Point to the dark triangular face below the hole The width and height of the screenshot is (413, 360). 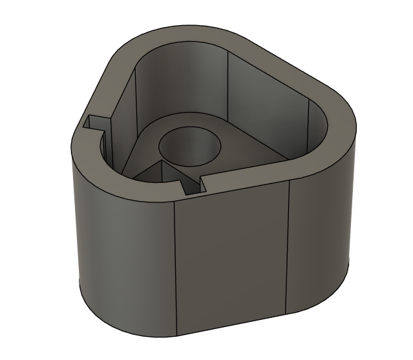tap(155, 175)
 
